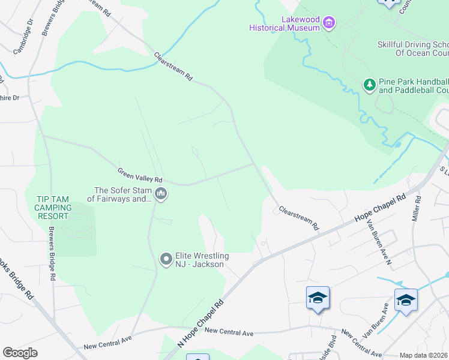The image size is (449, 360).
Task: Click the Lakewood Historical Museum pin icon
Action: point(328,23)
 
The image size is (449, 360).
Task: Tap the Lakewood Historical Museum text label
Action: point(285,23)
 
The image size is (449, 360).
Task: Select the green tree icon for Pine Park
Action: point(370,86)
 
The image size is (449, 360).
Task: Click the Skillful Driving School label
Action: point(412,49)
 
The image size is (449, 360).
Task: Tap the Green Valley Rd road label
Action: point(140,175)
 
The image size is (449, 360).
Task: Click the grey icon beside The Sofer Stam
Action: point(161,194)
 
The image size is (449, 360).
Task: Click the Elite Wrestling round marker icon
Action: point(166,259)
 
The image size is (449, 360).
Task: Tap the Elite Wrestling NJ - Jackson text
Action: point(202,260)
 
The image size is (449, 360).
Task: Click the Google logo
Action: point(20,353)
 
